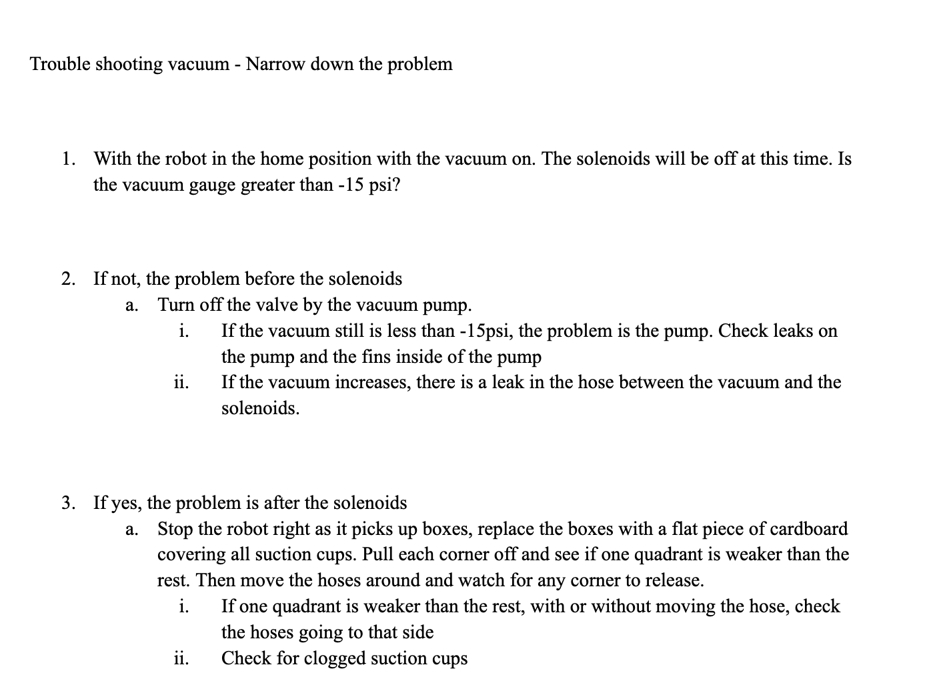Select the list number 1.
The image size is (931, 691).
(x=67, y=159)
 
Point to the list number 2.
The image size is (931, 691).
(x=67, y=278)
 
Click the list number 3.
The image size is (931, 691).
(x=67, y=502)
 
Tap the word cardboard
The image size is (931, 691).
(x=809, y=529)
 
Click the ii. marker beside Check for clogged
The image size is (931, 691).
(x=181, y=658)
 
